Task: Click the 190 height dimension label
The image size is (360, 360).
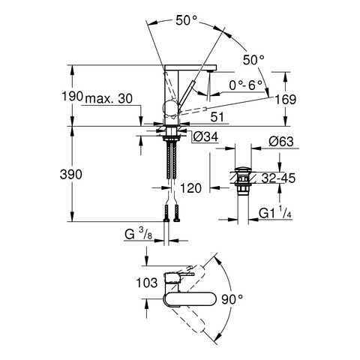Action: (x=72, y=96)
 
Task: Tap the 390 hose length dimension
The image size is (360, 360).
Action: (x=71, y=174)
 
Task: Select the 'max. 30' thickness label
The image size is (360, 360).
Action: (x=109, y=99)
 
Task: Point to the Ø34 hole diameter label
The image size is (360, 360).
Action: (x=205, y=136)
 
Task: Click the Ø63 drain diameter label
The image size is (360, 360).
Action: (x=281, y=142)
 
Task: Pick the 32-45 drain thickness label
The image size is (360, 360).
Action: (x=278, y=178)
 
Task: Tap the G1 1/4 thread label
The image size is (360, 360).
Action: (x=275, y=213)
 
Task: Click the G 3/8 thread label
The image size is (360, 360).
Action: (x=139, y=235)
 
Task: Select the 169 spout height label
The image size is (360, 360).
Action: (x=286, y=100)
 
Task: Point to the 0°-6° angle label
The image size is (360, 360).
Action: (x=246, y=85)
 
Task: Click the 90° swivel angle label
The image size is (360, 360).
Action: (x=232, y=299)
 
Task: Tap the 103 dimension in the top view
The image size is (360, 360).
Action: (x=147, y=283)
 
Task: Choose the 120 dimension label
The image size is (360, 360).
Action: (x=190, y=188)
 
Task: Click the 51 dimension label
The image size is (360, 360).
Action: (x=217, y=117)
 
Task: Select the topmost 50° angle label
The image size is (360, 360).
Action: (x=187, y=20)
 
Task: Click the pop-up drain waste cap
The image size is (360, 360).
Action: (x=242, y=169)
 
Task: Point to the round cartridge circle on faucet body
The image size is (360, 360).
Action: (x=170, y=109)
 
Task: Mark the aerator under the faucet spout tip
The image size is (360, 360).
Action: (x=211, y=71)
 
